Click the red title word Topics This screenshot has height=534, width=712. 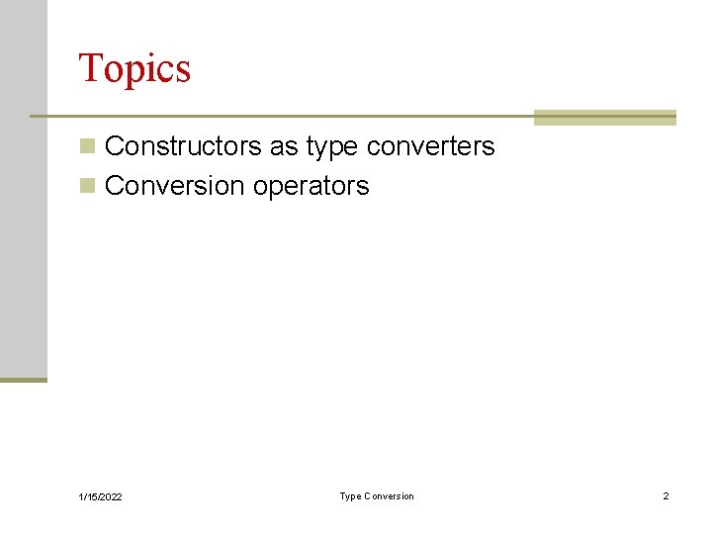click(x=134, y=69)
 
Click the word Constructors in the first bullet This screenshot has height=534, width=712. click(x=183, y=146)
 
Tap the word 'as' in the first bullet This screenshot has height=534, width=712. click(x=284, y=146)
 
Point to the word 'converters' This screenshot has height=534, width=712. click(x=430, y=146)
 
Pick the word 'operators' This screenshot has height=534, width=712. click(x=311, y=187)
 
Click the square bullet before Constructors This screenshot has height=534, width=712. click(x=88, y=147)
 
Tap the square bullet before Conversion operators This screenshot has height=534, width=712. click(x=88, y=186)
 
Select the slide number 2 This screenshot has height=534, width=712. click(x=666, y=495)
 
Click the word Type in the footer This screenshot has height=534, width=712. click(x=350, y=495)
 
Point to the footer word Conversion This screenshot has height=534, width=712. click(x=391, y=495)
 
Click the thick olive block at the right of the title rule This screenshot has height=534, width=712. click(x=604, y=117)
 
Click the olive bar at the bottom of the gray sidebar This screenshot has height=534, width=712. click(x=23, y=379)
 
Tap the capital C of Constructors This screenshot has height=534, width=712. click(x=113, y=146)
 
